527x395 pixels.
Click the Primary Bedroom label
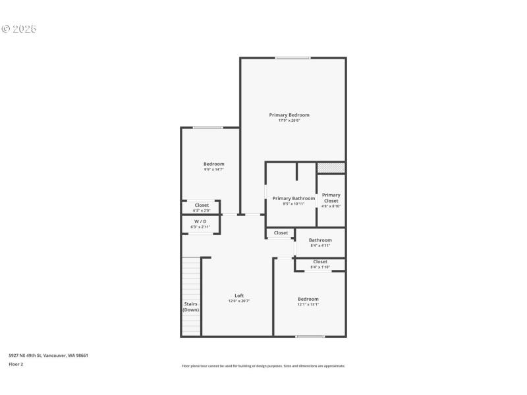coord(289,115)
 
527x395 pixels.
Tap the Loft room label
coord(239,296)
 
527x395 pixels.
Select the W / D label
coord(200,221)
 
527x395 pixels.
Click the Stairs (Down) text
coord(191,307)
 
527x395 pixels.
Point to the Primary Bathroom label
coord(294,198)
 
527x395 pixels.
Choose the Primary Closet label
coord(331,197)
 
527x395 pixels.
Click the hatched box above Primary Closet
coord(331,168)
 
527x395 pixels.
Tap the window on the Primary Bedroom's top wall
coord(292,59)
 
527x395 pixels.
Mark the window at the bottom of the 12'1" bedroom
coord(310,336)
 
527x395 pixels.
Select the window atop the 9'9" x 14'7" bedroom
coord(208,128)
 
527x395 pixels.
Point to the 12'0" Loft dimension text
coord(239,301)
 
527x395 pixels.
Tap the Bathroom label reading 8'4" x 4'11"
coord(320,240)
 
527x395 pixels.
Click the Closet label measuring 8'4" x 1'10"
coord(320,261)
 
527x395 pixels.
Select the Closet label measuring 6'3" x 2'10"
coord(202,205)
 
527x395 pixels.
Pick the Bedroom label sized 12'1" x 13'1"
coord(308,299)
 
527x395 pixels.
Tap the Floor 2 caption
coord(16,364)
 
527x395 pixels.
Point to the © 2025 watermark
coord(19,29)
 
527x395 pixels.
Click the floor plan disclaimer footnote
coord(263,366)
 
